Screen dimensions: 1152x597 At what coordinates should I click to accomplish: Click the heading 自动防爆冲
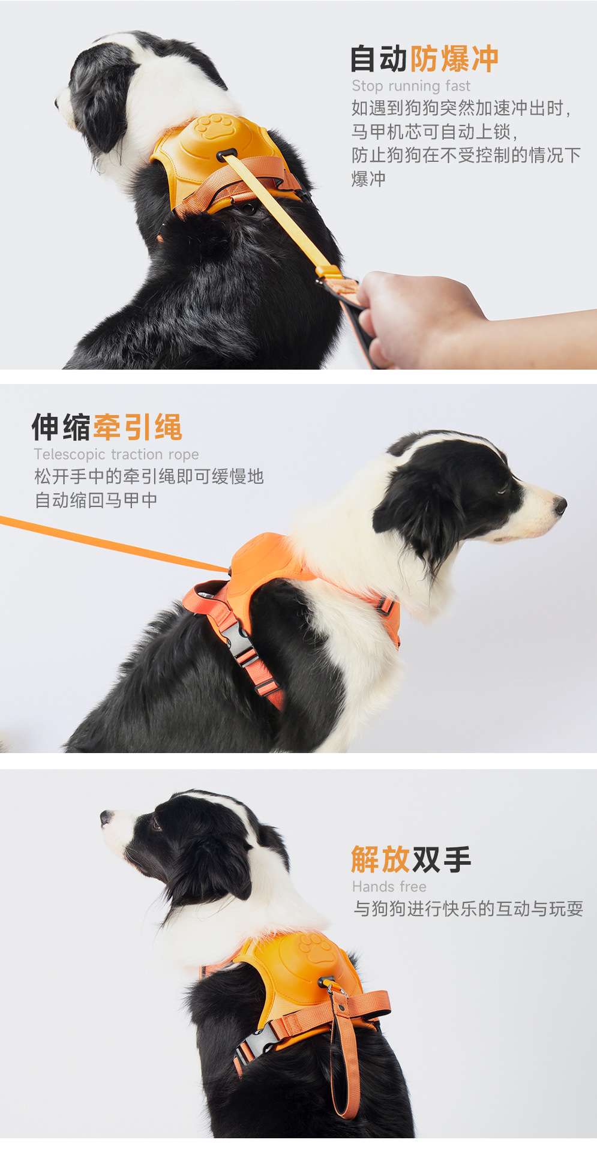click(424, 59)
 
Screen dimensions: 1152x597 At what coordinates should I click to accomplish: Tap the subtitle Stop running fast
click(410, 86)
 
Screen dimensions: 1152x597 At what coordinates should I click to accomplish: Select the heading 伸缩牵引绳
click(107, 427)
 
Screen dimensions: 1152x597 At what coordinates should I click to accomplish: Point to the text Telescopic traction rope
click(116, 454)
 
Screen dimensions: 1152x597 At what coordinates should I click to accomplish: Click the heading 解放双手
click(411, 859)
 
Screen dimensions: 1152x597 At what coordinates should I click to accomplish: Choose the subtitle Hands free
click(389, 886)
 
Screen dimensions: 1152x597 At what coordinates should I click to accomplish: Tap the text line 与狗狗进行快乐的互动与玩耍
click(468, 908)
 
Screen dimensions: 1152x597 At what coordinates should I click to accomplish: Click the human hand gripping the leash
click(414, 315)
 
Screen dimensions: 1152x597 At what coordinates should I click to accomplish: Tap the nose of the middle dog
click(560, 505)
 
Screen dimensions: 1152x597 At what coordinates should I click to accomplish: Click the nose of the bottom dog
click(106, 817)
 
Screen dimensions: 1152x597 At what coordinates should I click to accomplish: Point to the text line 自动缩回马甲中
click(96, 500)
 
